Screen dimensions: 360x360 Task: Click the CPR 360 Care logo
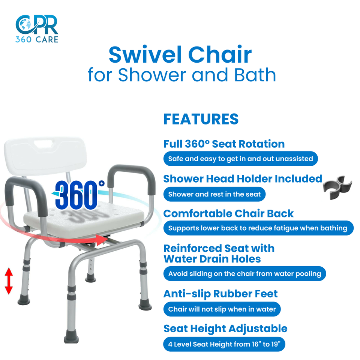tap(37, 28)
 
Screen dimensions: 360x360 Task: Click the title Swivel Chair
tap(180, 55)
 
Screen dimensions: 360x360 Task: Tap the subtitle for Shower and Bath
tap(182, 75)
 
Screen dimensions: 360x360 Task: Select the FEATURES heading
tap(201, 119)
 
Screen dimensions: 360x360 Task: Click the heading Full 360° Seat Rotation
tap(224, 144)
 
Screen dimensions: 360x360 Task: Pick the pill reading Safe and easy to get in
tap(240, 159)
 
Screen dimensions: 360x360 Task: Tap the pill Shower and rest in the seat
tap(214, 194)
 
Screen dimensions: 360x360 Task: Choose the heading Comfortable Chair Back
tap(228, 213)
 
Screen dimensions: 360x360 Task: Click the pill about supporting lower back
tap(258, 228)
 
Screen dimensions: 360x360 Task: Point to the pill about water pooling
tap(244, 273)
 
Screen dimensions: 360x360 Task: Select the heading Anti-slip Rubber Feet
tap(220, 294)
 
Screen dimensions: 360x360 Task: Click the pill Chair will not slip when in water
tap(222, 309)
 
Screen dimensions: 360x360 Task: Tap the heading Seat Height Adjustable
tap(225, 329)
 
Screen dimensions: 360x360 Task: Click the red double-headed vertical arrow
tap(9, 281)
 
